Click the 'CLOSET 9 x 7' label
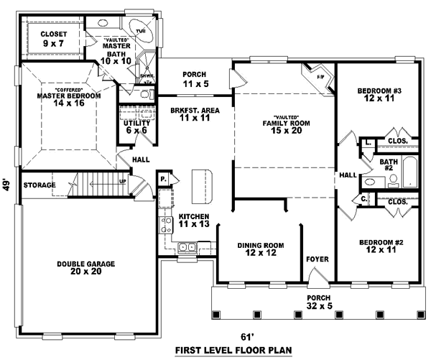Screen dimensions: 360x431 52,38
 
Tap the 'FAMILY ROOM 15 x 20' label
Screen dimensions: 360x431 285,124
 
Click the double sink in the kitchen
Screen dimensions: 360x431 189,248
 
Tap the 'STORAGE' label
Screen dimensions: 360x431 39,185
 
